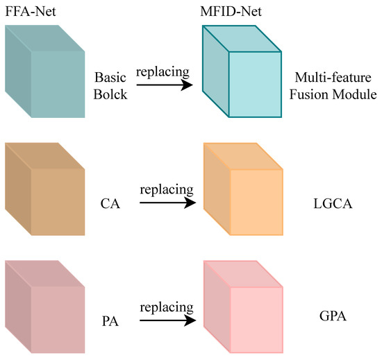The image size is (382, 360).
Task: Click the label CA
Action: pyautogui.click(x=109, y=204)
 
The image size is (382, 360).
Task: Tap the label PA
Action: pyautogui.click(x=109, y=323)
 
